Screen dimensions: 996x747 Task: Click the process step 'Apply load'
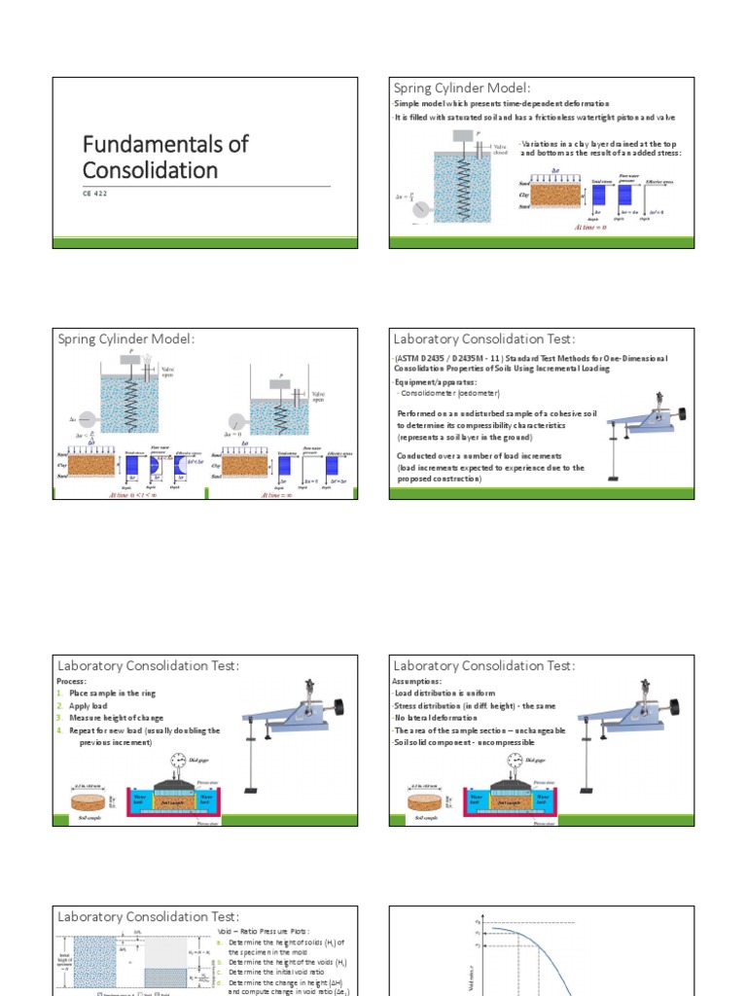click(92, 705)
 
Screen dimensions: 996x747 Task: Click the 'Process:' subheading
click(72, 681)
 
